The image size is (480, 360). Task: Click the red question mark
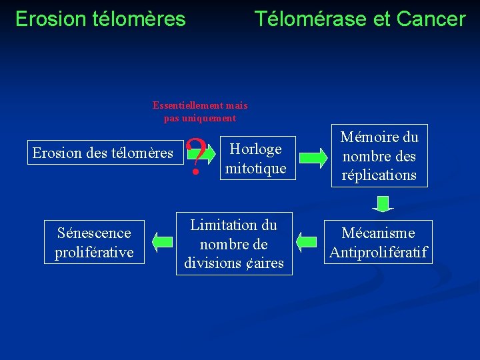click(195, 157)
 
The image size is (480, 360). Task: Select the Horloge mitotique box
click(256, 159)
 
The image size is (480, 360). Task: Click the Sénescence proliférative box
click(94, 243)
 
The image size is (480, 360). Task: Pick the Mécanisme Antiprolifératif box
click(378, 243)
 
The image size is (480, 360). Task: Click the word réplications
click(378, 175)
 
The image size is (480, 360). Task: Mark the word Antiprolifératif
click(378, 253)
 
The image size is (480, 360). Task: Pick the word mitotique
click(256, 169)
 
